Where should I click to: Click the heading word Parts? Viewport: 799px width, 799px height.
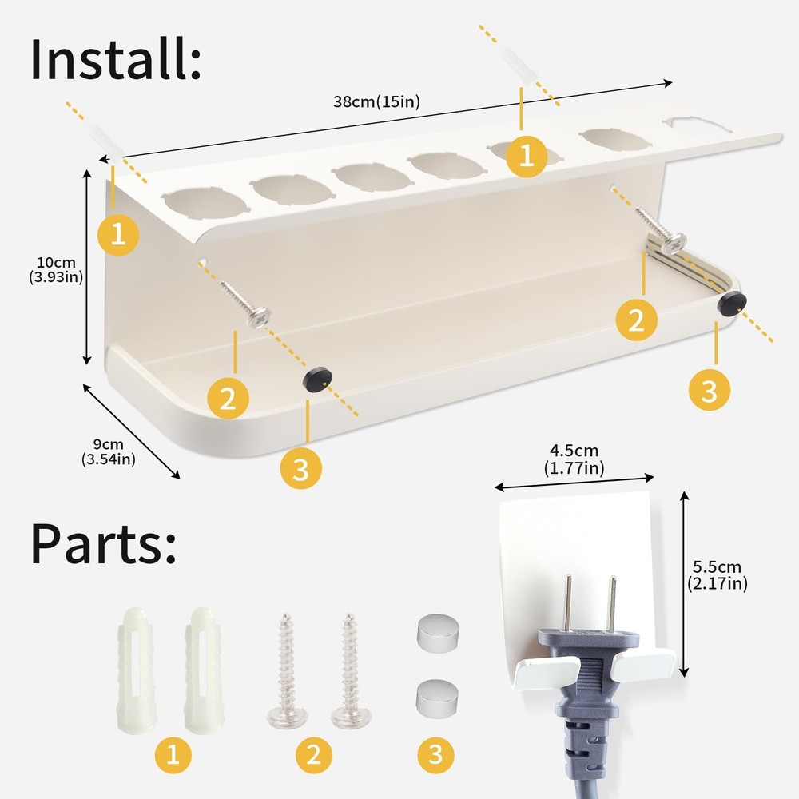[103, 543]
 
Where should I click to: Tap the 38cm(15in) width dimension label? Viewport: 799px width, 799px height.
[376, 102]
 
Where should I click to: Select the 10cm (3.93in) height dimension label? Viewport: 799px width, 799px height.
[56, 269]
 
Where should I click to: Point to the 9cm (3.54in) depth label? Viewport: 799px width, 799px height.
[109, 452]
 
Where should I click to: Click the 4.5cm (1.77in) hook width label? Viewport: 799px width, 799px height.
[574, 459]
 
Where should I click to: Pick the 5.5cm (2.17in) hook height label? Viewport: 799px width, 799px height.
[717, 575]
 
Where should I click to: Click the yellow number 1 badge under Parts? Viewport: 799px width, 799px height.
[173, 755]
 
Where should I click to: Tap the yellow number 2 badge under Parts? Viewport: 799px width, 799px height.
[314, 755]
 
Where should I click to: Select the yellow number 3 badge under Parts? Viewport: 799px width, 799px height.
[436, 755]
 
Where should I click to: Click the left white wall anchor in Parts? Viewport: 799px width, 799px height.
[135, 670]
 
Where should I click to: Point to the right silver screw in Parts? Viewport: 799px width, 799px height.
[351, 670]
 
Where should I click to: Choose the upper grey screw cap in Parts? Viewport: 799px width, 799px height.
[438, 634]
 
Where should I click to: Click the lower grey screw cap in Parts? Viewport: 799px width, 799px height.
[437, 698]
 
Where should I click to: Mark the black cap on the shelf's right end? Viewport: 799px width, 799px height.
[732, 303]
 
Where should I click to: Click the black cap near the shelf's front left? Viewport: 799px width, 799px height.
[317, 379]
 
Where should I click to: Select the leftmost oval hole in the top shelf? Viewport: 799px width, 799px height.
[205, 203]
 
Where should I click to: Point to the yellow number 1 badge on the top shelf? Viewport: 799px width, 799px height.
[527, 156]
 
